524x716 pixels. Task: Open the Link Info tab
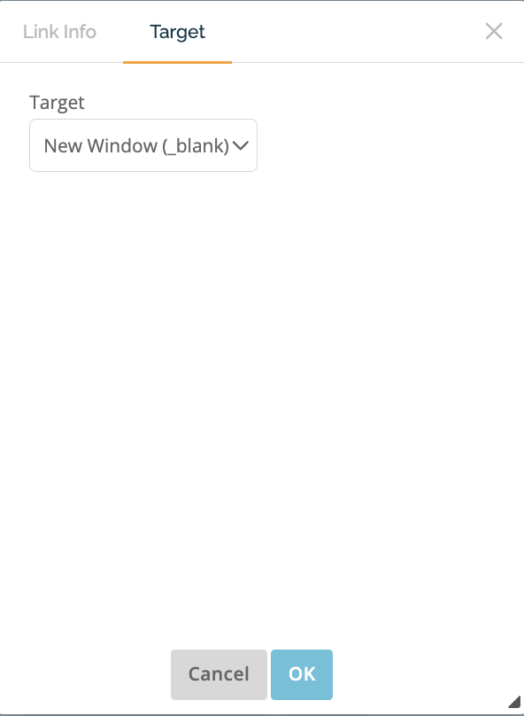click(59, 32)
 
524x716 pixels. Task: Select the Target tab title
click(177, 32)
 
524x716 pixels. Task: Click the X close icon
click(494, 31)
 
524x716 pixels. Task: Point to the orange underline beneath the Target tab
click(177, 62)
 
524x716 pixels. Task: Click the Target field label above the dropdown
click(57, 103)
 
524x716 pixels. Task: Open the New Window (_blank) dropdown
click(143, 145)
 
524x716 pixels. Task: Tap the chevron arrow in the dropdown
click(241, 145)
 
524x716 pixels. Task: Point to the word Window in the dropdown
click(122, 146)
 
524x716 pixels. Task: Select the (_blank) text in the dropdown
click(196, 146)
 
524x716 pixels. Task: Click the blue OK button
click(302, 674)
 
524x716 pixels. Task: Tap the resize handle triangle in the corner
click(515, 703)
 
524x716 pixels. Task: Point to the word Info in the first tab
click(80, 32)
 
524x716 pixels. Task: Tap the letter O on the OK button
click(295, 674)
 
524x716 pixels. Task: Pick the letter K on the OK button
click(310, 674)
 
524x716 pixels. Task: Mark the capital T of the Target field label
click(35, 102)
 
